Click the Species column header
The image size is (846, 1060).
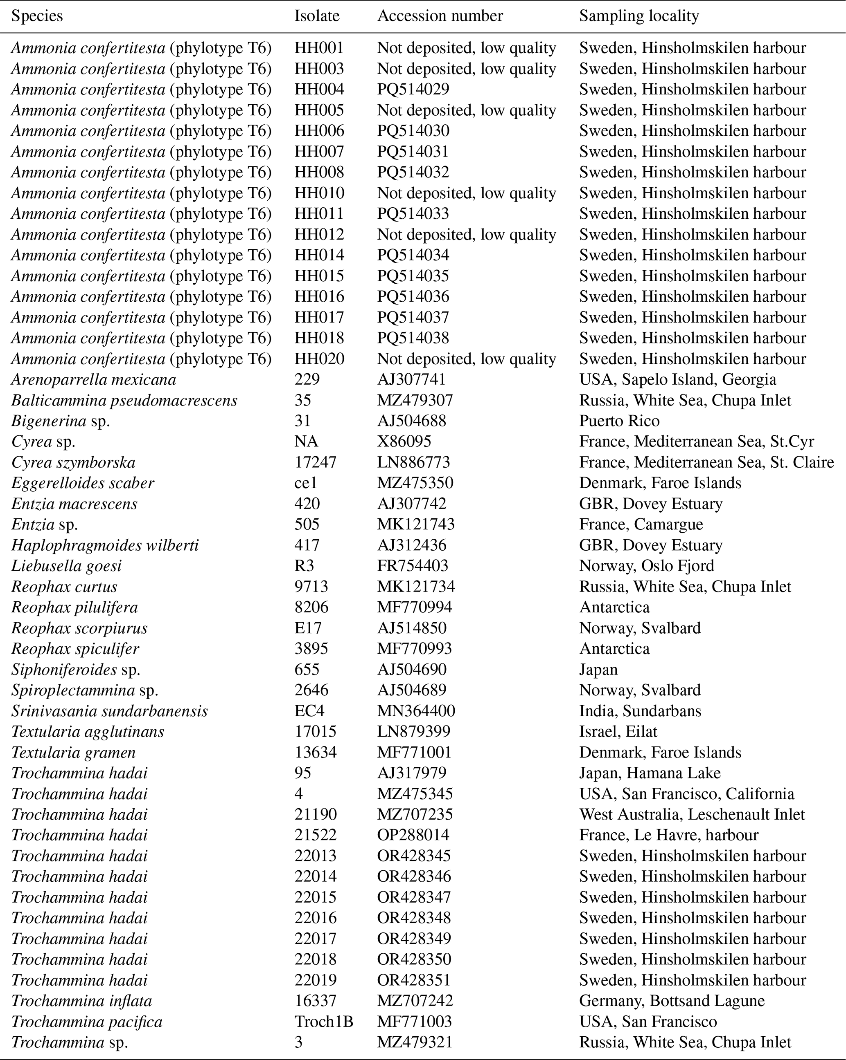coord(37,16)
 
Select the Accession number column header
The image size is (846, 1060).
coord(440,16)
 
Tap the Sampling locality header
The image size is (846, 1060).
coord(639,16)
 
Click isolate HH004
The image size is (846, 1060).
coord(319,90)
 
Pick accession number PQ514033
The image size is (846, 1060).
coord(413,214)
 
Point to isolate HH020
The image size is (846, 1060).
coord(319,359)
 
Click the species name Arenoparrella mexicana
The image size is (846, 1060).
coord(93,379)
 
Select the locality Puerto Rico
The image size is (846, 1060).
coord(619,421)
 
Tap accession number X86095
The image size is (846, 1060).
coord(404,441)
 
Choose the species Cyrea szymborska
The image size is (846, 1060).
coord(73,462)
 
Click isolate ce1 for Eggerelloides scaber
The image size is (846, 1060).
coord(306,483)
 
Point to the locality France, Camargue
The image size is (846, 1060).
coord(641,524)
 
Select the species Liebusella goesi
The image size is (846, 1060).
coord(66,566)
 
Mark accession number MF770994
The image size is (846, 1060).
coord(414,607)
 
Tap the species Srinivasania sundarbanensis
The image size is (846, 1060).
coord(109,711)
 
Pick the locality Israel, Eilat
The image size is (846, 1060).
coord(618,732)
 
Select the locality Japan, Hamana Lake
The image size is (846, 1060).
coord(650,773)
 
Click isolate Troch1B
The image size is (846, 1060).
coord(323,1022)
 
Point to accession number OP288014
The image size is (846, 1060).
coord(413,835)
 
